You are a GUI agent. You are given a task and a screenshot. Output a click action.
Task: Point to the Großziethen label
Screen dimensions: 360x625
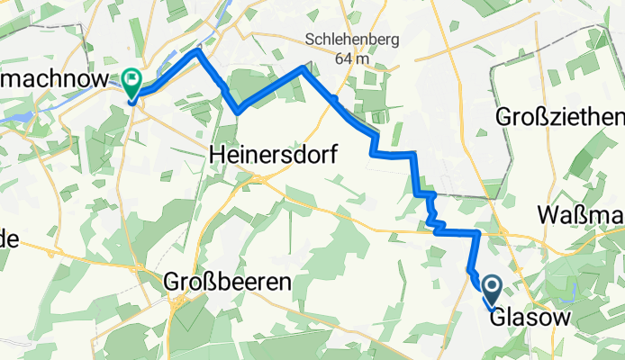(559, 118)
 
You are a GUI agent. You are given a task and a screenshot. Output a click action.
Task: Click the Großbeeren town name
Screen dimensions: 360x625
(228, 282)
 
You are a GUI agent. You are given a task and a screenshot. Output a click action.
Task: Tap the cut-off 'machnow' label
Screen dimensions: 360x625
(54, 78)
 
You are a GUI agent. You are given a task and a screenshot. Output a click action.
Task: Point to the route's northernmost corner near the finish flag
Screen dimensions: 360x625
(198, 51)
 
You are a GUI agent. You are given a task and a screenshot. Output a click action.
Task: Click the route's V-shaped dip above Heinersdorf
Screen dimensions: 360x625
(238, 111)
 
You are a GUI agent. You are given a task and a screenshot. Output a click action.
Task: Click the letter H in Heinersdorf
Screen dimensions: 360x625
(216, 155)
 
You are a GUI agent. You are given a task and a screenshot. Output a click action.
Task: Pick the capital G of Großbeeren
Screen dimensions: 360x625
(172, 282)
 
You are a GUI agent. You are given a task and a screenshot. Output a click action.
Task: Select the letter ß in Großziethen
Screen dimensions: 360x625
(539, 118)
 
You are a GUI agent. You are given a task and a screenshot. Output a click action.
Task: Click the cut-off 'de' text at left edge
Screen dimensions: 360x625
(9, 238)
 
